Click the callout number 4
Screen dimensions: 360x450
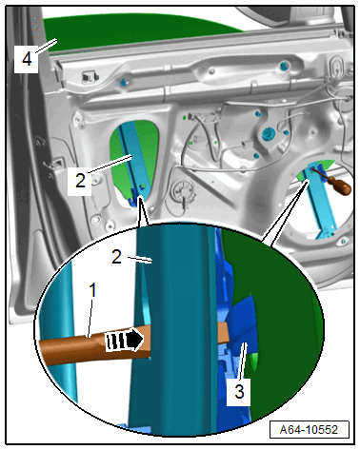pos(27,59)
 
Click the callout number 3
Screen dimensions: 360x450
pos(239,392)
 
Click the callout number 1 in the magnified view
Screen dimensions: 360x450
pos(92,290)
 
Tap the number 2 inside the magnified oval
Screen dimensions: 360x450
pos(117,257)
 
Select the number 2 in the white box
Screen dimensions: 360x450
pos(80,181)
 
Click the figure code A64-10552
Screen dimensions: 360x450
pos(309,430)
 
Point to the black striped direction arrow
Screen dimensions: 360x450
pos(125,341)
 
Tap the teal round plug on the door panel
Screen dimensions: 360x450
pos(269,134)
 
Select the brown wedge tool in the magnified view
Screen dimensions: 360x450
pos(95,346)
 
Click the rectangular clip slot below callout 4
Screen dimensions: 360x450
pos(89,77)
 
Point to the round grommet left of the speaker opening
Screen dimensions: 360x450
pos(182,190)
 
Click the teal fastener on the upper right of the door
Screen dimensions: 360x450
pos(284,66)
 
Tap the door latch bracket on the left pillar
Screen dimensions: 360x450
pos(53,165)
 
